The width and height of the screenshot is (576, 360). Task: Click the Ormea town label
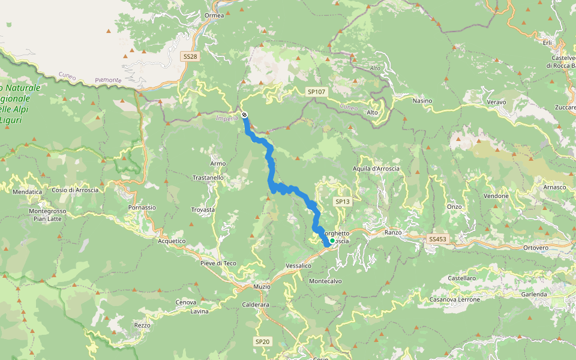point(214,16)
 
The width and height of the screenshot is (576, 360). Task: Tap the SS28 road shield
point(190,56)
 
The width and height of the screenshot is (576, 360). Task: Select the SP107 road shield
point(316,92)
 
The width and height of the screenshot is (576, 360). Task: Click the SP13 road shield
point(342,202)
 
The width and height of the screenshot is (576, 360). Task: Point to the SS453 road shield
point(438,239)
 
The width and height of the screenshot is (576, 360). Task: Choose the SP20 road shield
point(263,341)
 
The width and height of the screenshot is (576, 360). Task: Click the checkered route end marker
point(244,115)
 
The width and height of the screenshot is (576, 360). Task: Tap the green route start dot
point(332,241)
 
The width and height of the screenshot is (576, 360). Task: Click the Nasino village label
point(422,101)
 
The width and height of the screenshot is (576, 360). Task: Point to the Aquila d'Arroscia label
point(376,169)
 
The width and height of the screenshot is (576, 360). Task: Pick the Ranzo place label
point(393,232)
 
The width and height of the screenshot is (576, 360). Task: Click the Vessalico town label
point(299,265)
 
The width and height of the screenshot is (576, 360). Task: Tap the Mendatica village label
point(28,192)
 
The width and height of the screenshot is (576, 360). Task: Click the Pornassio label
point(142,208)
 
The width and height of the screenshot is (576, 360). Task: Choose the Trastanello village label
point(208,178)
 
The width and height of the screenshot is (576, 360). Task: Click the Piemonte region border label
point(108,80)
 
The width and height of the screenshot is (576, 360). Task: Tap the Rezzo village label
point(142,325)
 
